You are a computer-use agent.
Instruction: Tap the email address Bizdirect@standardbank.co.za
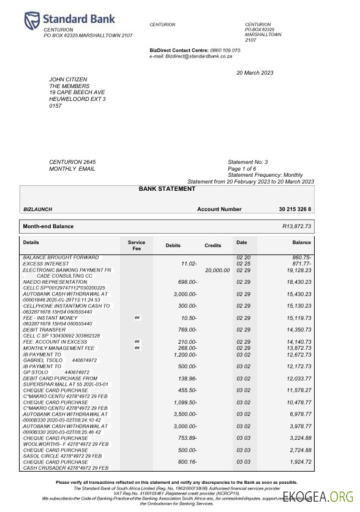click(x=196, y=56)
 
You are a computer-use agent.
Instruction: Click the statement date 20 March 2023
click(x=255, y=73)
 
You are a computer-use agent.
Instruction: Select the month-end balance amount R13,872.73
click(x=296, y=226)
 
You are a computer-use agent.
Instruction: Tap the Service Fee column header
click(x=136, y=246)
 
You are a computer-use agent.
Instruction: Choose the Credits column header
click(x=212, y=245)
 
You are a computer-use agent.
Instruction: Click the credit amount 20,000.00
click(x=217, y=269)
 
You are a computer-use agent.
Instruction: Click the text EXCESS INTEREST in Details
click(x=47, y=263)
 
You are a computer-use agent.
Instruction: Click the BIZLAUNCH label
click(x=37, y=210)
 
